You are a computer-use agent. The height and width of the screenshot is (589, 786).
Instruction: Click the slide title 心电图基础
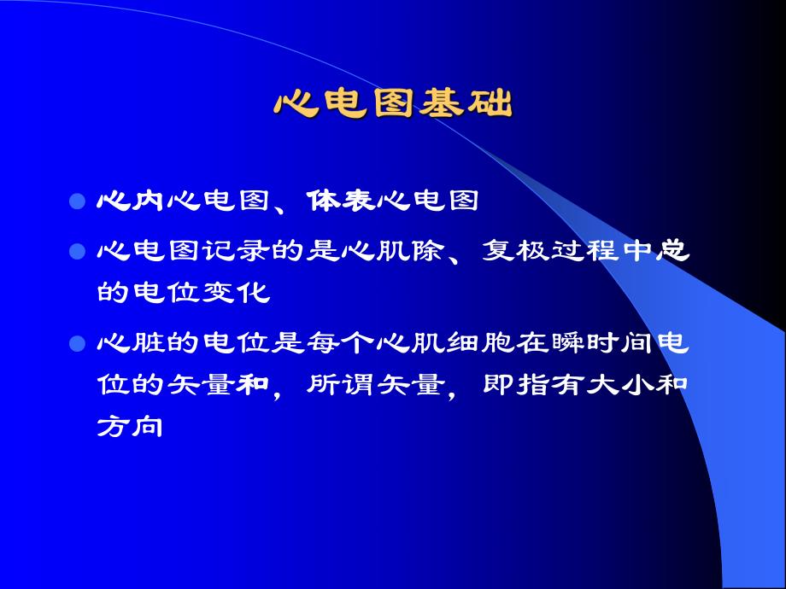(393, 104)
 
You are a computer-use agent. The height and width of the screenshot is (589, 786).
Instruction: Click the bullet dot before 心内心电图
(77, 203)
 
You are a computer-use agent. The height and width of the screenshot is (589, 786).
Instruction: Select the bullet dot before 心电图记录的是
(77, 254)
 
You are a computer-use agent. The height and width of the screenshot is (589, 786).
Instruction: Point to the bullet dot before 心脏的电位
(77, 345)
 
